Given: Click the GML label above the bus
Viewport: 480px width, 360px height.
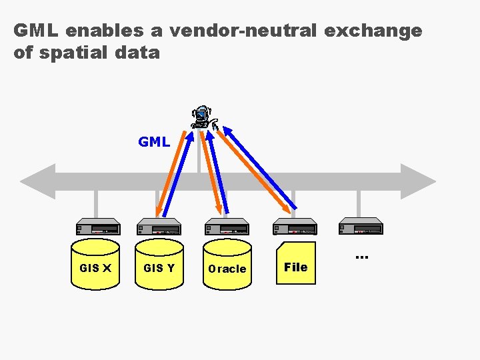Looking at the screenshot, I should [x=154, y=142].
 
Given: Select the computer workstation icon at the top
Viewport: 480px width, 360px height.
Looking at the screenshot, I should [x=203, y=118].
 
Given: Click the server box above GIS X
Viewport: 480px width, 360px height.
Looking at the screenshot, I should [x=97, y=227].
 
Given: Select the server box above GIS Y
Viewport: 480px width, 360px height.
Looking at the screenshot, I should [x=159, y=227].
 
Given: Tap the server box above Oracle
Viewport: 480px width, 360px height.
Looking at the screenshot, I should [x=227, y=227].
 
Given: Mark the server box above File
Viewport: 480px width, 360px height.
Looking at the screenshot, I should [x=295, y=227].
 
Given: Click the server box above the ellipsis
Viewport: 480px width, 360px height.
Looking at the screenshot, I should [x=360, y=227].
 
